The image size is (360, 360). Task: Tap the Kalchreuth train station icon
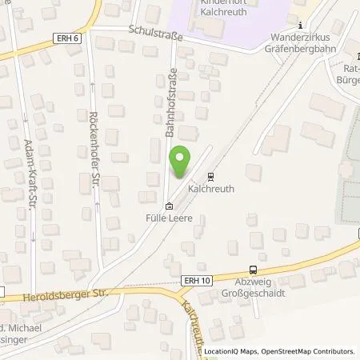210,177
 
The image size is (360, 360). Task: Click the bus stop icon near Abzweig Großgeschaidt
253,270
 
